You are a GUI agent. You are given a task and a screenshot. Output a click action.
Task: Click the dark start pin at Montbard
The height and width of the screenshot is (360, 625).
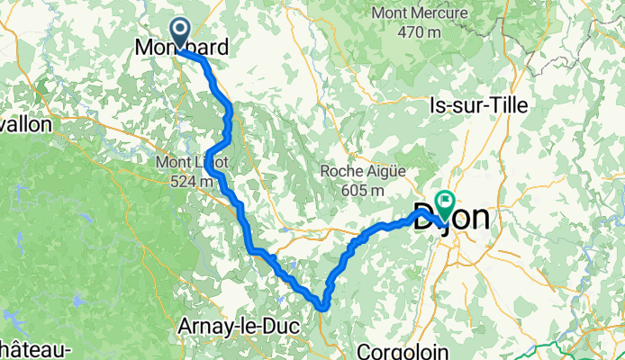tap(180, 33)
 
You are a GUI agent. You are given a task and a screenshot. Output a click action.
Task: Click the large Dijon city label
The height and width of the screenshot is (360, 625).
tap(452, 217)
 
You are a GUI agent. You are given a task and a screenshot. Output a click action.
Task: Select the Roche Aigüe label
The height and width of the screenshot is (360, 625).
tap(357, 171)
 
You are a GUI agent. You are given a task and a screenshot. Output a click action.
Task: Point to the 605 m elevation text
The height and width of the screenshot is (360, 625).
tap(357, 190)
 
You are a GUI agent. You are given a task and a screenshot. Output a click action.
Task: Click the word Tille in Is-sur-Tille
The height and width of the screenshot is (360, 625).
tap(506, 104)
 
